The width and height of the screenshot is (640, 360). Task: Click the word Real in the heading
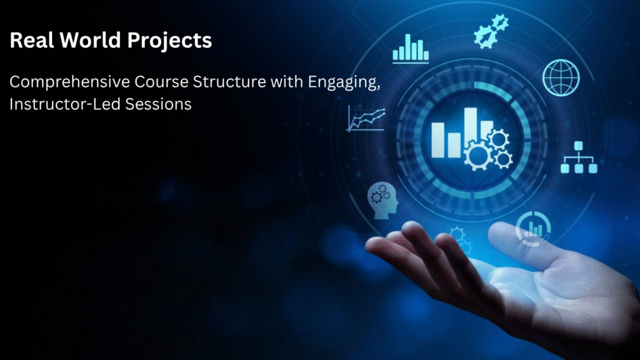coord(32,40)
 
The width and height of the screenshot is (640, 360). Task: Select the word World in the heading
coord(90,40)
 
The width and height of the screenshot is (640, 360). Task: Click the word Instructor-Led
coord(65,104)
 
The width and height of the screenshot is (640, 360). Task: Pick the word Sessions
coord(158,104)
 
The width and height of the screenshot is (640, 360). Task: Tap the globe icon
coord(561,77)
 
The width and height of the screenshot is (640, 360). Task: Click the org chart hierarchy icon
coord(579,157)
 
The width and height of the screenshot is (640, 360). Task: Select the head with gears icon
coord(383,201)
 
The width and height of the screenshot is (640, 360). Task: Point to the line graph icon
coord(366,119)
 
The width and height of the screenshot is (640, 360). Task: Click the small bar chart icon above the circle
coord(411,49)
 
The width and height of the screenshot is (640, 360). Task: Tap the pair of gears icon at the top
coord(491,31)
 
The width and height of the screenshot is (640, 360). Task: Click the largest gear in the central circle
coord(478,156)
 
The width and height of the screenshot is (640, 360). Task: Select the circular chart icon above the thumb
coord(533,229)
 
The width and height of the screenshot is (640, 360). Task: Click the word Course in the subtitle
coord(162,82)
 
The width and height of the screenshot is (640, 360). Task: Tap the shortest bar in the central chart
coord(454,145)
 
